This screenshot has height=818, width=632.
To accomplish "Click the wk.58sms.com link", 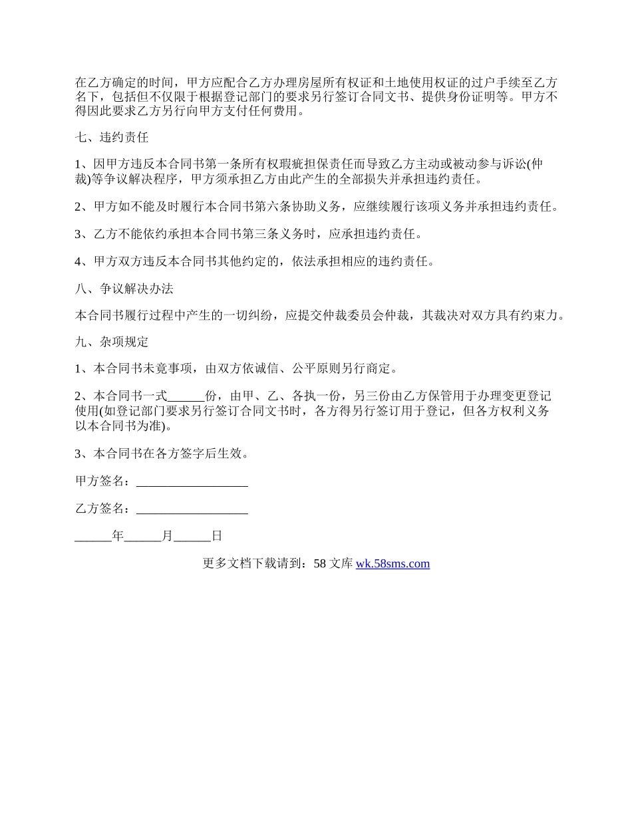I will pyautogui.click(x=393, y=564).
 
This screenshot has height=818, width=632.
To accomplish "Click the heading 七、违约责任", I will pyautogui.click(x=111, y=138).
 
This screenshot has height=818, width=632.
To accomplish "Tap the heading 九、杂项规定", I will pyautogui.click(x=111, y=342).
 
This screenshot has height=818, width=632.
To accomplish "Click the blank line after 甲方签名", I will pyautogui.click(x=192, y=481).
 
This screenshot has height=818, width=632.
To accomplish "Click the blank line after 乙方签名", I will pyautogui.click(x=192, y=509).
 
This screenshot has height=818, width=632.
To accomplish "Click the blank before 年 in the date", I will pyautogui.click(x=93, y=536).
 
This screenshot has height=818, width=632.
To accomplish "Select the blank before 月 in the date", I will pyautogui.click(x=142, y=536).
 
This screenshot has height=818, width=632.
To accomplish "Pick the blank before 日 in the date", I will pyautogui.click(x=192, y=536).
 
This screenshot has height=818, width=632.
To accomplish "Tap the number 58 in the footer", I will pyautogui.click(x=319, y=564).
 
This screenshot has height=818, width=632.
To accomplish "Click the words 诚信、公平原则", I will pyautogui.click(x=292, y=368).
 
